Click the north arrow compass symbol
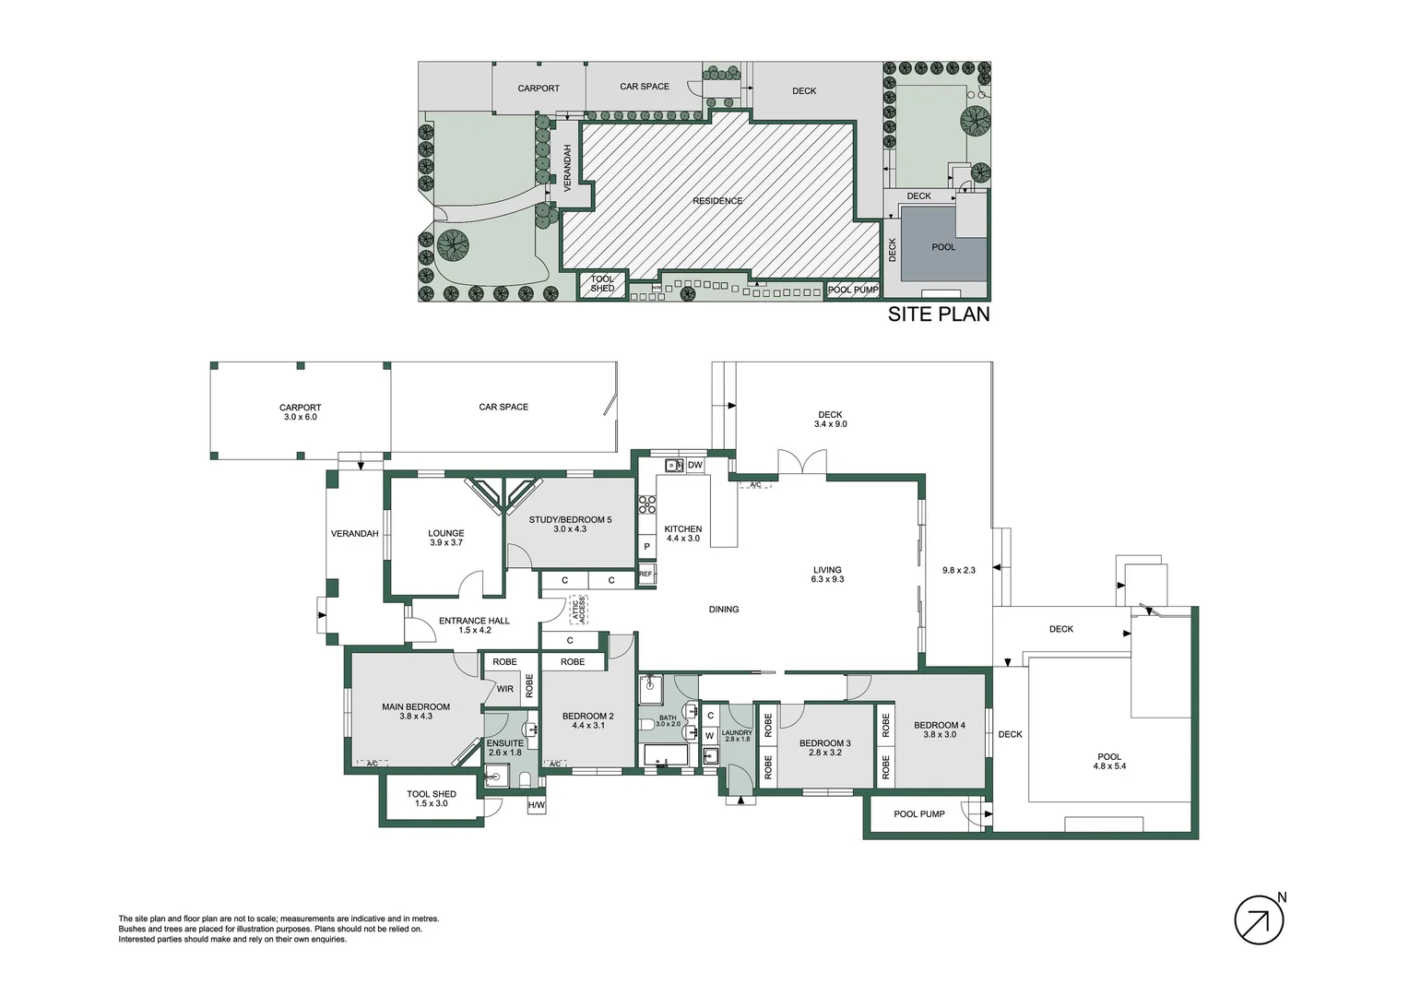tap(1259, 919)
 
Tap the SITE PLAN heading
tap(939, 314)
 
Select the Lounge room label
tap(446, 533)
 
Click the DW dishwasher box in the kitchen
tap(694, 465)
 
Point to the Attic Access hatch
tap(579, 609)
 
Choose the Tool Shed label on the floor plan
tap(431, 794)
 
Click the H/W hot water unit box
tap(537, 805)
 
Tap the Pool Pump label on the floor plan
tap(919, 814)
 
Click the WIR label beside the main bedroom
tap(505, 689)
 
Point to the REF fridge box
tap(646, 574)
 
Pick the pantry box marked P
tap(646, 547)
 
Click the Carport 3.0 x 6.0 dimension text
tap(300, 417)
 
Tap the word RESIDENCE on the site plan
tap(717, 201)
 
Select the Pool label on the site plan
tap(943, 247)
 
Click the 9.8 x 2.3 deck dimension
tap(959, 571)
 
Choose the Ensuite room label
tap(505, 743)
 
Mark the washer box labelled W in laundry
tap(709, 735)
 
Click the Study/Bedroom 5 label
tap(570, 520)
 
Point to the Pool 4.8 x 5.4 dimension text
tap(1109, 766)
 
